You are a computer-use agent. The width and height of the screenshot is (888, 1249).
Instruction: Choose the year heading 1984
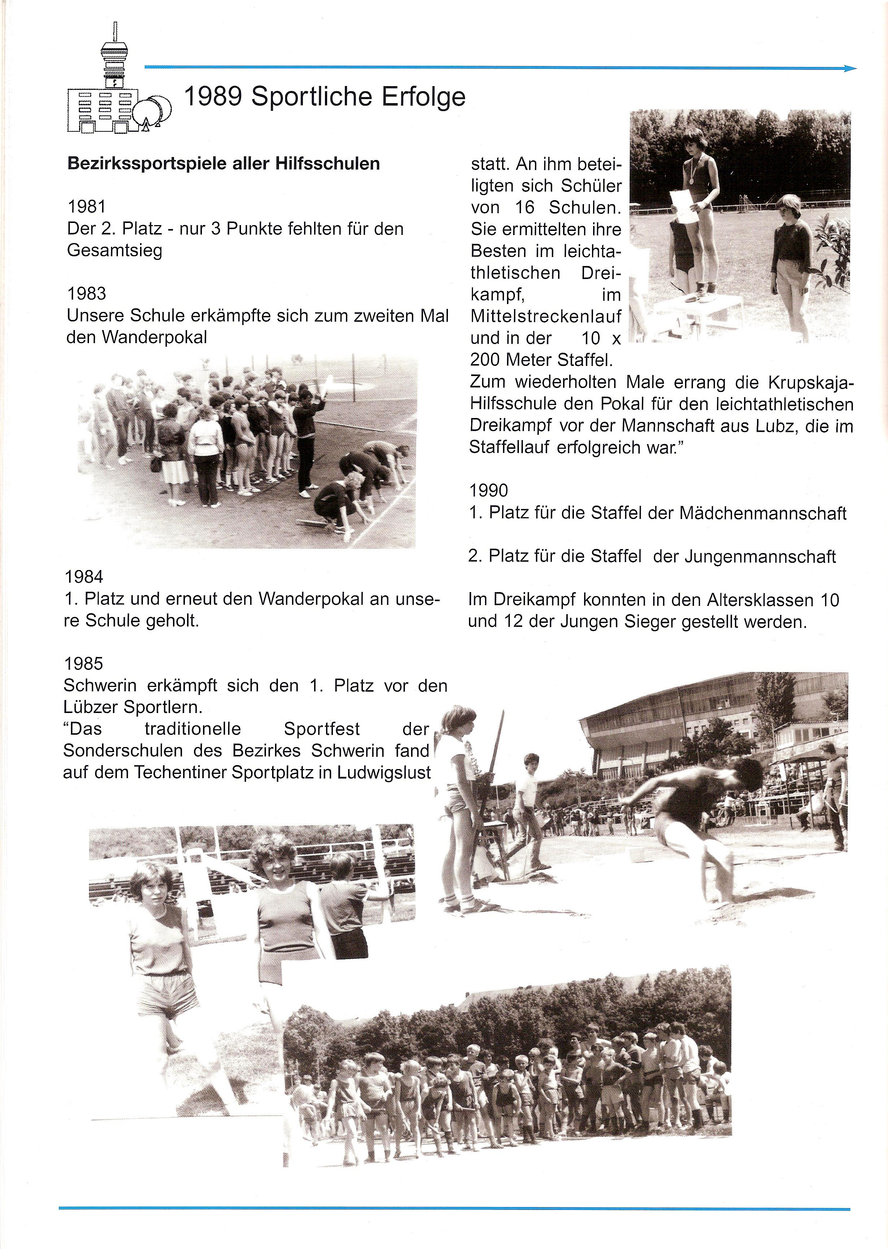(x=84, y=577)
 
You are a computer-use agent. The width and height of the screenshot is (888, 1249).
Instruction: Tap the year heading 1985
(x=83, y=663)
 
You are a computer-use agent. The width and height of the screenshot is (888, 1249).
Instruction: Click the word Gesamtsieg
(x=114, y=250)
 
